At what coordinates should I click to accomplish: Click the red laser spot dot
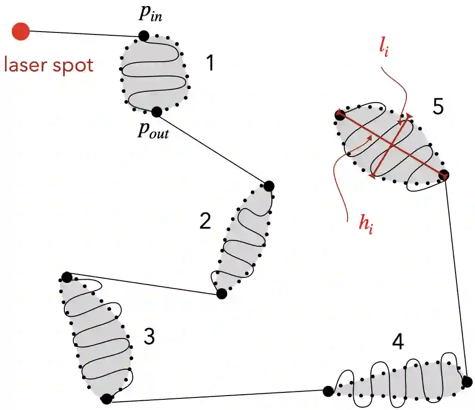(x=21, y=32)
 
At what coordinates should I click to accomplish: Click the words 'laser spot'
(x=49, y=65)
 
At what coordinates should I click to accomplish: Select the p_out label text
(x=153, y=131)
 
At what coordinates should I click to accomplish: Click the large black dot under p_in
(x=144, y=35)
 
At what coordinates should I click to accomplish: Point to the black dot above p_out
(x=156, y=112)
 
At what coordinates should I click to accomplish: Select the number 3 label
(x=149, y=337)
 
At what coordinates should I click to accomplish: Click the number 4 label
(x=397, y=342)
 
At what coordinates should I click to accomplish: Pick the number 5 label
(x=438, y=107)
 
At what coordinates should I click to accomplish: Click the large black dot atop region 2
(x=269, y=186)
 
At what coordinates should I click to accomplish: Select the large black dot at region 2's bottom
(x=221, y=294)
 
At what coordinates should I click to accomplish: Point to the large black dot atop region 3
(x=67, y=277)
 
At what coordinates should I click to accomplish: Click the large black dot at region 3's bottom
(x=106, y=398)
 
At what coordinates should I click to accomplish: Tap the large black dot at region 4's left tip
(x=328, y=391)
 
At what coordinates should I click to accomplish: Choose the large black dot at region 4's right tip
(x=467, y=382)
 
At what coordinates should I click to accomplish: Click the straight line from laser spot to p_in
(x=83, y=33)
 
